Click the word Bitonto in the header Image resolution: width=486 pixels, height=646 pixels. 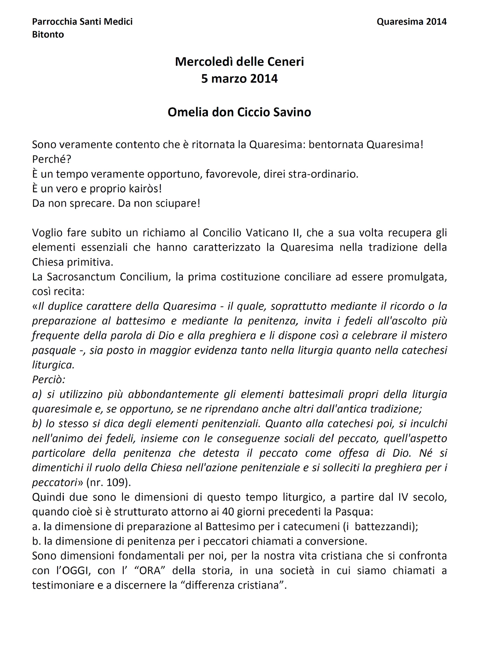[x=48, y=34]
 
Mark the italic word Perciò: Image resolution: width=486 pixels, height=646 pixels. [x=49, y=379]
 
